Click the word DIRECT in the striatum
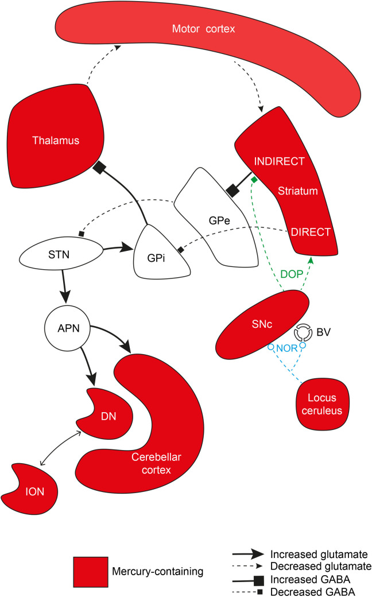(311, 232)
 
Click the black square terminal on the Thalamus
(101, 167)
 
